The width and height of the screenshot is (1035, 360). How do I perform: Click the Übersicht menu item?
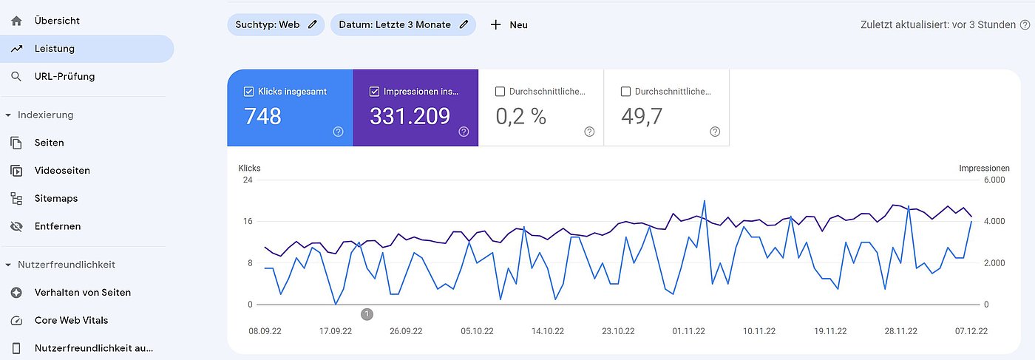pos(57,21)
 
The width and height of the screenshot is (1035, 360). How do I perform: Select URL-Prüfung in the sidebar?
pos(64,76)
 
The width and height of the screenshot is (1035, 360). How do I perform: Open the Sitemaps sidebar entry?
pos(56,198)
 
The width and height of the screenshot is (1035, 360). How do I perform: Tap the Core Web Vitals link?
pos(72,320)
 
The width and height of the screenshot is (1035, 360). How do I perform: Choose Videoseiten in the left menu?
pos(62,171)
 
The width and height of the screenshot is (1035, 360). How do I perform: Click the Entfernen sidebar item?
pos(58,226)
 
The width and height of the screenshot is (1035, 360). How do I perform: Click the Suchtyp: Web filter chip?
pos(275,24)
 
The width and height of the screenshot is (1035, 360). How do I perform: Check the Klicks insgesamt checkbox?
pos(249,92)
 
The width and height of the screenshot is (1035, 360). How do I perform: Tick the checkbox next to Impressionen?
pos(374,92)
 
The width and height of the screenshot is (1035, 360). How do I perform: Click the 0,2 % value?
pos(520,116)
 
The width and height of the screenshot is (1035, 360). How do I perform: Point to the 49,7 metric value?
pos(642,116)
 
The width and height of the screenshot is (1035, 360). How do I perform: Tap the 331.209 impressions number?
pos(410,116)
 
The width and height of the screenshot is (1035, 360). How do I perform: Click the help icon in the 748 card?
pos(338,132)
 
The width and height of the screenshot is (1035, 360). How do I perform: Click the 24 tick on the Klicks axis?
pos(248,180)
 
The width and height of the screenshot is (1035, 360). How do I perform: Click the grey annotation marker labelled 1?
pos(367,314)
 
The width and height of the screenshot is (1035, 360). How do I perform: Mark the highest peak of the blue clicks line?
pos(705,200)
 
